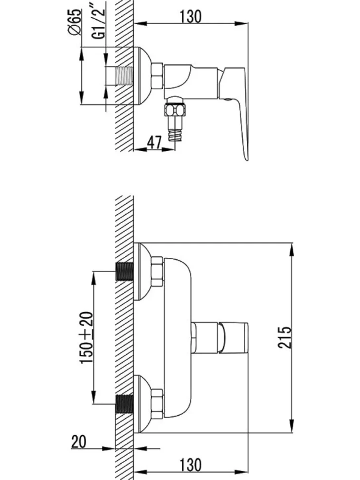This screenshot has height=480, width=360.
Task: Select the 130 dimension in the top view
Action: click(x=190, y=16)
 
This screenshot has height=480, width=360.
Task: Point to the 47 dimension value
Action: click(x=154, y=143)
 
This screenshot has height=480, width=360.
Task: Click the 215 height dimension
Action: click(x=285, y=337)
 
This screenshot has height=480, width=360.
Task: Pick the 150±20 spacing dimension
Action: click(x=87, y=337)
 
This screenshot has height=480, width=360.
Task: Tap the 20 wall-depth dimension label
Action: click(x=79, y=441)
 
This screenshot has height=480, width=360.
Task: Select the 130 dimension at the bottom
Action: click(x=190, y=465)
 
